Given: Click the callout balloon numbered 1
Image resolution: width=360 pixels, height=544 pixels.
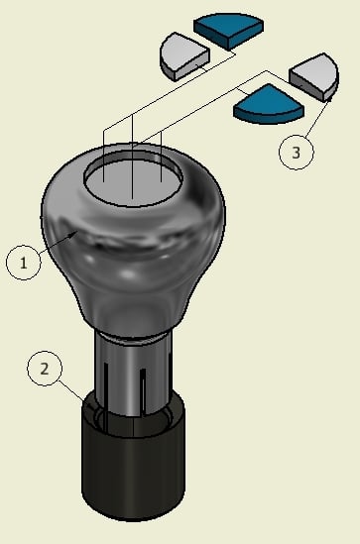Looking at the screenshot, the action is point(23,263).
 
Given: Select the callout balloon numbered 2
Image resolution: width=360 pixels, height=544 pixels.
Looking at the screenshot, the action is point(45,369).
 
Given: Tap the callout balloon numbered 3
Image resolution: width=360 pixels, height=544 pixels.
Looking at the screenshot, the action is point(297,152).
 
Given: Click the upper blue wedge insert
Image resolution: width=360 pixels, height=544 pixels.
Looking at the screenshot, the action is point(228,30).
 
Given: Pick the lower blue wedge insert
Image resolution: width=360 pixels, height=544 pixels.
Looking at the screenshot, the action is point(268,104).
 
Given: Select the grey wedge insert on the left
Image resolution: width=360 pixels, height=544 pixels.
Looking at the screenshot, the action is point(184,56).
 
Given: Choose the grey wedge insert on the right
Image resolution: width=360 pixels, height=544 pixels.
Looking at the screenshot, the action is point(314,77).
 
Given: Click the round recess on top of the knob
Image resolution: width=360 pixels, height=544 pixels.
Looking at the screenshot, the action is point(133,178).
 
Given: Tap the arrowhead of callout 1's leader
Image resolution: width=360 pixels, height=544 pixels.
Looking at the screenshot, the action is point(73,235).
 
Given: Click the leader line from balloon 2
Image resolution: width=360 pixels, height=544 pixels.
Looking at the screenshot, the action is point(72,391).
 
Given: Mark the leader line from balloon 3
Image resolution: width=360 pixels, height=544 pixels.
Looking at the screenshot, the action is point(317,117).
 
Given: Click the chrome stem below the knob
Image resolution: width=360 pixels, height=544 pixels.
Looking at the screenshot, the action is point(133,375).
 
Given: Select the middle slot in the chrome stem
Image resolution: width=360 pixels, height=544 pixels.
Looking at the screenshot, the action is point(143,392).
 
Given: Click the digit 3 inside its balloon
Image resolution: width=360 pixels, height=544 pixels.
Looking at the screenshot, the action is point(297,153).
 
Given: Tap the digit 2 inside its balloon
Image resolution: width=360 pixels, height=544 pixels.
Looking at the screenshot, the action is point(45,369).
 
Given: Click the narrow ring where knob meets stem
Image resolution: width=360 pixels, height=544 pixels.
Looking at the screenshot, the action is point(133,338).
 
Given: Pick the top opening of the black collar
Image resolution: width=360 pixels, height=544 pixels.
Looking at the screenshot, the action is point(133,414).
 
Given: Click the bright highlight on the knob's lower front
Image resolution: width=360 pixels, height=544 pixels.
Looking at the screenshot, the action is point(129,274).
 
